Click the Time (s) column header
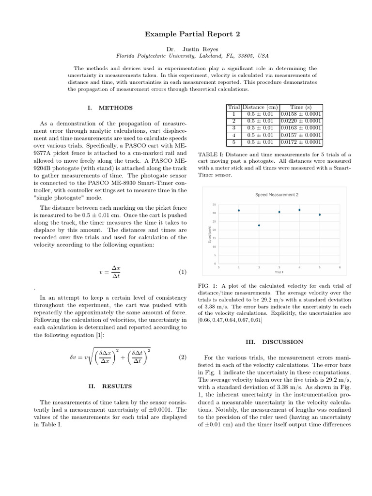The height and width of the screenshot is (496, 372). click(301, 107)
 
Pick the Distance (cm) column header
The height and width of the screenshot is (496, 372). click(260, 107)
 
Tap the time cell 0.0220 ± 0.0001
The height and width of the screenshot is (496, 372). click(301, 121)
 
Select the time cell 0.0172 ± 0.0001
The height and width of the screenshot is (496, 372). click(301, 142)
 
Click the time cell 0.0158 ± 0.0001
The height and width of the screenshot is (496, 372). click(301, 114)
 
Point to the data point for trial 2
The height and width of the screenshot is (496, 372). click(259, 225)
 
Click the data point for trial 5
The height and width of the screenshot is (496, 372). click(320, 214)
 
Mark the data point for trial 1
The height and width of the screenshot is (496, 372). click(239, 210)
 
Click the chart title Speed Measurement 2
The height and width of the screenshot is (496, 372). click(277, 195)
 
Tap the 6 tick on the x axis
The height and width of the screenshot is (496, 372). click(340, 267)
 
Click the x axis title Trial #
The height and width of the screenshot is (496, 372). click(279, 272)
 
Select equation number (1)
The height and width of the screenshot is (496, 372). click(182, 272)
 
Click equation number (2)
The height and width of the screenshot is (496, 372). click(182, 357)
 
